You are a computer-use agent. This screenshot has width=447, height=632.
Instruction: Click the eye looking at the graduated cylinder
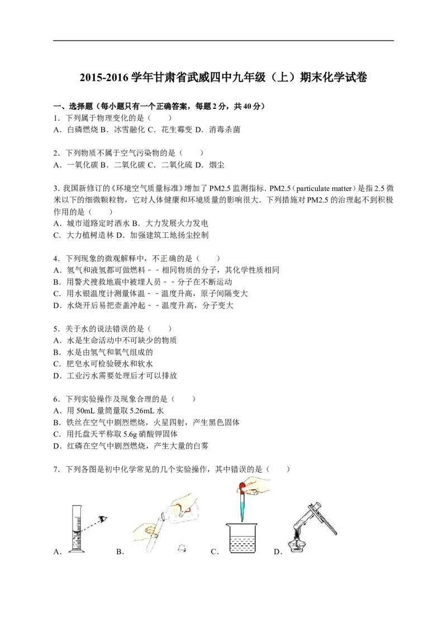pyautogui.click(x=102, y=519)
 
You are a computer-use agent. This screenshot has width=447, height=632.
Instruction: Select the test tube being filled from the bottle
pyautogui.click(x=154, y=533)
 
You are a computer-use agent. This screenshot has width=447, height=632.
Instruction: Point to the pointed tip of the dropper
pyautogui.click(x=242, y=520)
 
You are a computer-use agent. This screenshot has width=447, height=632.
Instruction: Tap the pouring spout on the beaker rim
pyautogui.click(x=228, y=525)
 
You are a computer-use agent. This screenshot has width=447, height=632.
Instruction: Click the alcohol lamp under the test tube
pyautogui.click(x=297, y=546)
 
